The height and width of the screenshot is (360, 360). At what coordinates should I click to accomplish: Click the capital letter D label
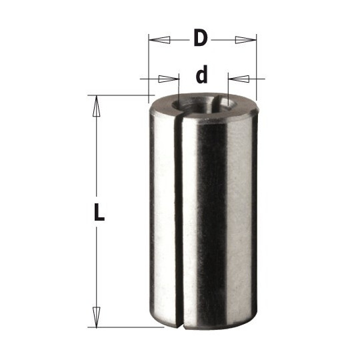[x=201, y=38]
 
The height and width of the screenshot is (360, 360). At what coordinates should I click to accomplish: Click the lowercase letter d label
[x=201, y=74]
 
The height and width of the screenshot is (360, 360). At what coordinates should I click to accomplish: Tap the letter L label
[x=99, y=213]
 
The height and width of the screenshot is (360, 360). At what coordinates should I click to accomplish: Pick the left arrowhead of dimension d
[x=169, y=79]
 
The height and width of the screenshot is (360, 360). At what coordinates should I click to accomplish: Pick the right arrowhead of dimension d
[x=239, y=79]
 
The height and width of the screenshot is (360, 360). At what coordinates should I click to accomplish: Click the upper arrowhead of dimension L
[x=97, y=106]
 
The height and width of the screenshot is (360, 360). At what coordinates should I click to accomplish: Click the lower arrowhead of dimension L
[x=97, y=317]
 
